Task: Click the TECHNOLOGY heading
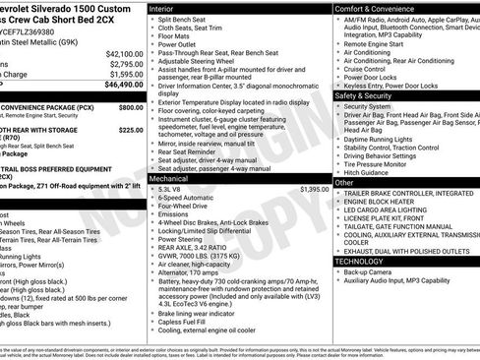click(359, 261)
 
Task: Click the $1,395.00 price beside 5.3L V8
click(314, 189)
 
